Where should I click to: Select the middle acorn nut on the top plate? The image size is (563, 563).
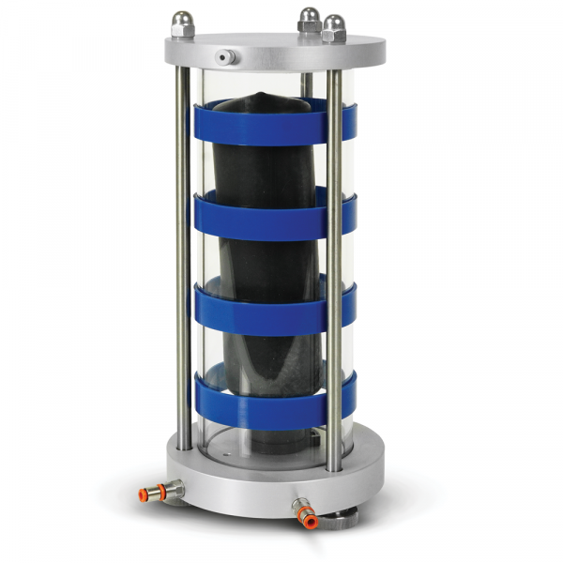point(308,18)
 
